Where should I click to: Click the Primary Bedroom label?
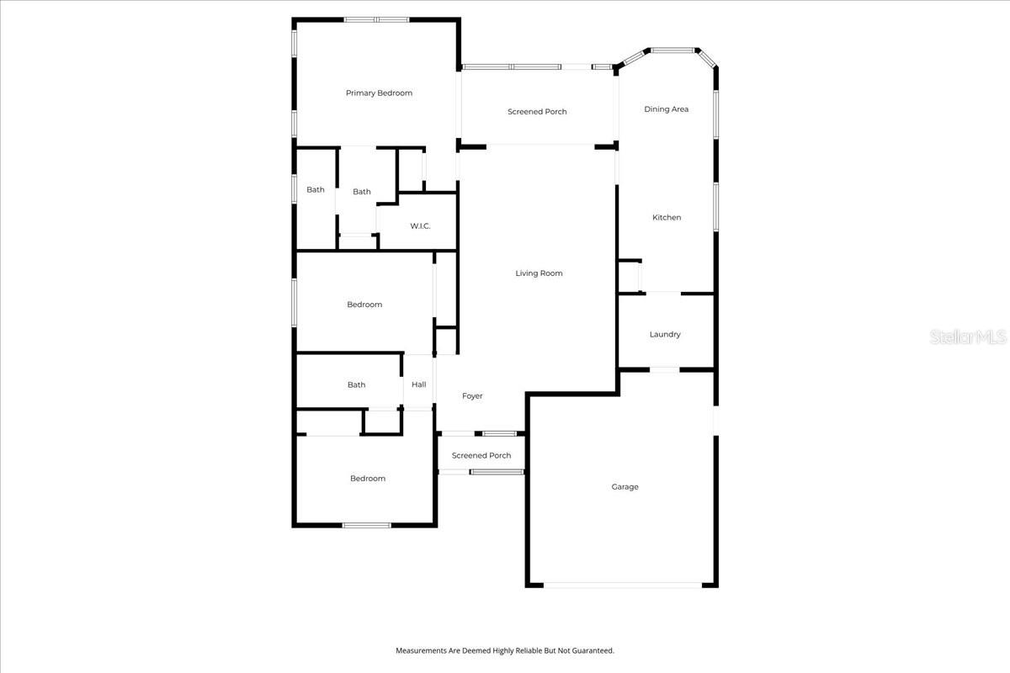pyautogui.click(x=379, y=93)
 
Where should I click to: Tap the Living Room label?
pyautogui.click(x=539, y=273)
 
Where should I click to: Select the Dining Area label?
pyautogui.click(x=667, y=109)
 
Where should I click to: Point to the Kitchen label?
pyautogui.click(x=667, y=218)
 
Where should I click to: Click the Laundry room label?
pyautogui.click(x=665, y=335)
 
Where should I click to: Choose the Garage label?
pyautogui.click(x=625, y=487)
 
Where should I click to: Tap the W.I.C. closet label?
pyautogui.click(x=421, y=226)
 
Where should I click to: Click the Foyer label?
pyautogui.click(x=472, y=396)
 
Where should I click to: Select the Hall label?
pyautogui.click(x=418, y=385)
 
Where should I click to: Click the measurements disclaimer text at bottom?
pyautogui.click(x=505, y=650)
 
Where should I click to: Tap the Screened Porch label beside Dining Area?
pyautogui.click(x=537, y=112)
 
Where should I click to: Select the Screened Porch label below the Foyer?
pyautogui.click(x=481, y=456)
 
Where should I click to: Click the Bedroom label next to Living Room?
pyautogui.click(x=364, y=305)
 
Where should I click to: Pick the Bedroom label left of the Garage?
pyautogui.click(x=368, y=479)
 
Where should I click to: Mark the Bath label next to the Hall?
pyautogui.click(x=356, y=385)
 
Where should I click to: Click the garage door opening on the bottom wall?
pyautogui.click(x=623, y=585)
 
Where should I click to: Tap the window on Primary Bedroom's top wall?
pyautogui.click(x=376, y=19)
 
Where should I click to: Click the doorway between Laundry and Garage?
pyautogui.click(x=665, y=369)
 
